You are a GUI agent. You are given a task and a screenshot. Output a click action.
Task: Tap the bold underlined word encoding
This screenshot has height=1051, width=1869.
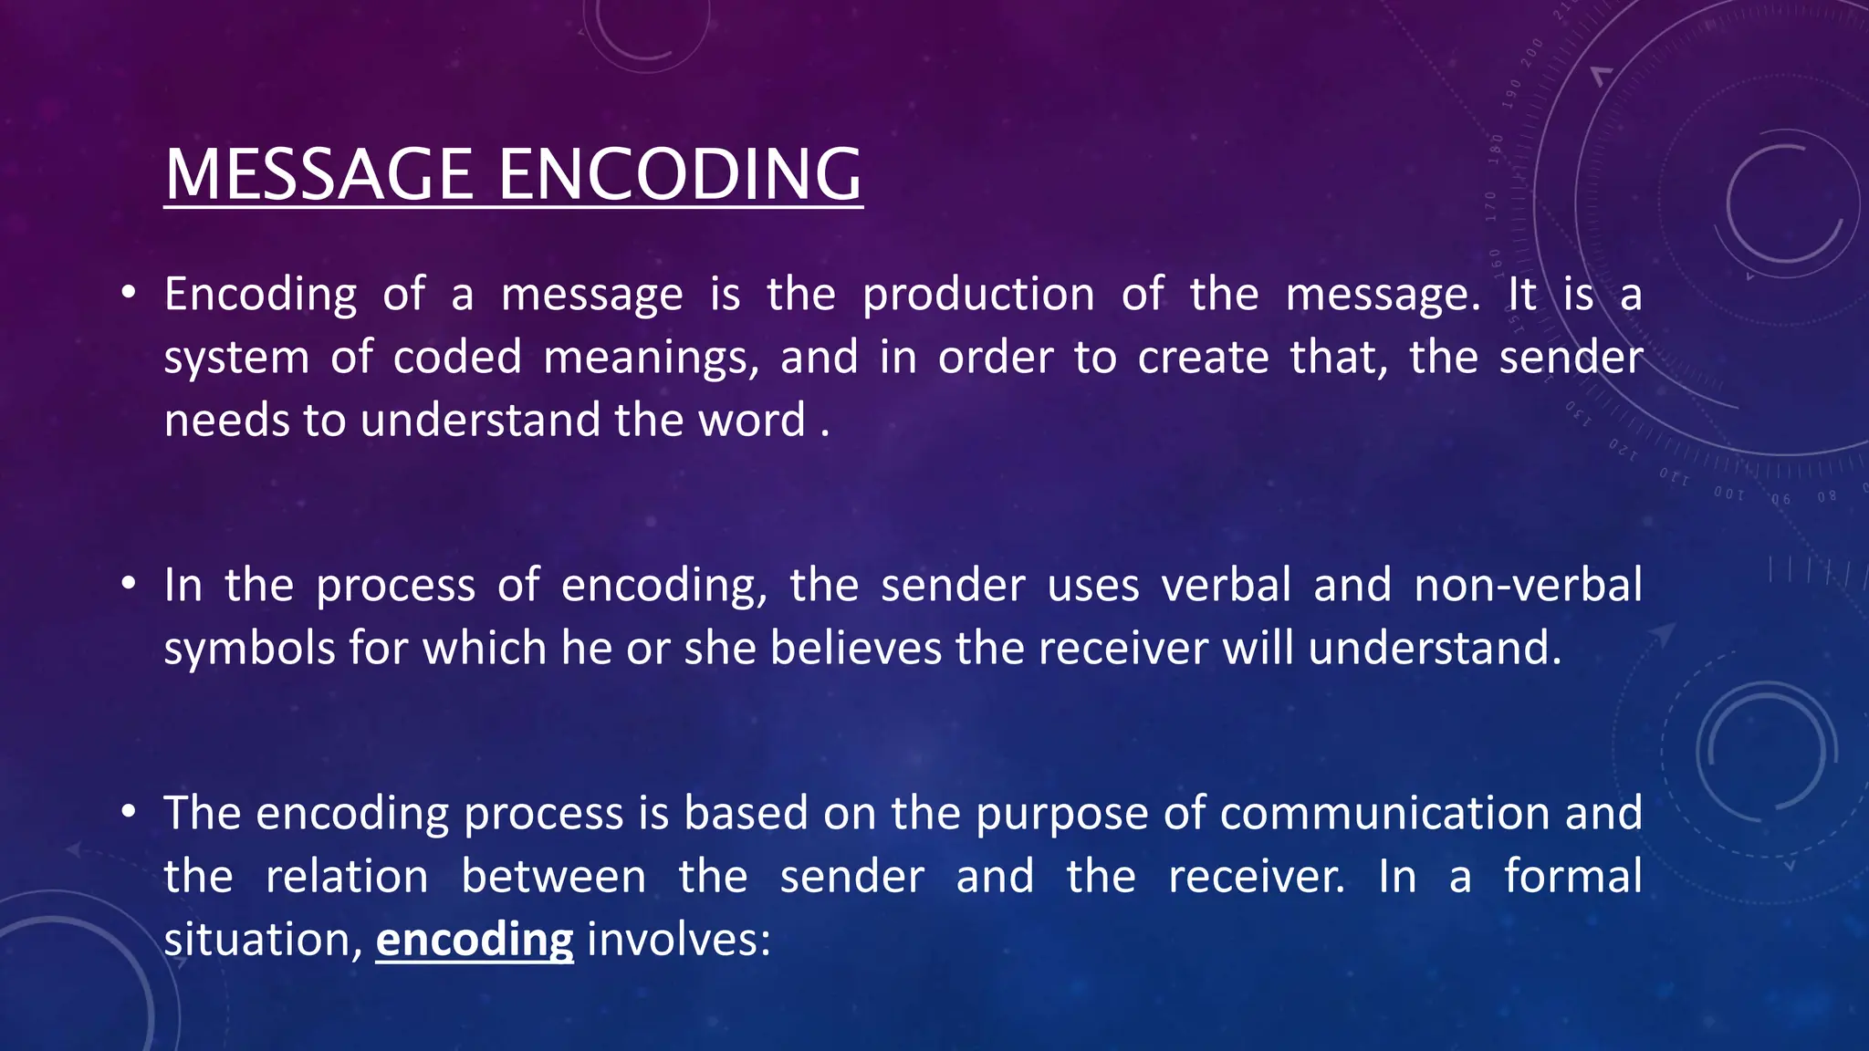tap(475, 939)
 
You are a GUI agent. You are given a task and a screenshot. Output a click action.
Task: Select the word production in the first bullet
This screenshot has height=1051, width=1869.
tap(978, 295)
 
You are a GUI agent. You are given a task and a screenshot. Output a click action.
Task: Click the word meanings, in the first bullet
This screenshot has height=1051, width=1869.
tap(651, 357)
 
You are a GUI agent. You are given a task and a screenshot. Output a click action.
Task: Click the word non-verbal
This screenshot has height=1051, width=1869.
tap(1528, 585)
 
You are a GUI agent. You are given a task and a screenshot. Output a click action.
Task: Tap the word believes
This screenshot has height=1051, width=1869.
tap(855, 648)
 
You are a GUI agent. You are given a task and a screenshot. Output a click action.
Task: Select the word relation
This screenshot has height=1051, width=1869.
tap(347, 876)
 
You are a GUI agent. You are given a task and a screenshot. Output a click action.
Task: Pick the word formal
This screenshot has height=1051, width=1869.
tap(1572, 876)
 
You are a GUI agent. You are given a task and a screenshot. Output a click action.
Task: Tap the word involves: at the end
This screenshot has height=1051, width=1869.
tap(679, 939)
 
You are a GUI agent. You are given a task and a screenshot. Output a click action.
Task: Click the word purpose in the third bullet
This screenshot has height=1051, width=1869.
tap(1061, 814)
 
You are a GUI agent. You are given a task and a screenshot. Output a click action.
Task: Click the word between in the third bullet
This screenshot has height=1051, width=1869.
tap(553, 876)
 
